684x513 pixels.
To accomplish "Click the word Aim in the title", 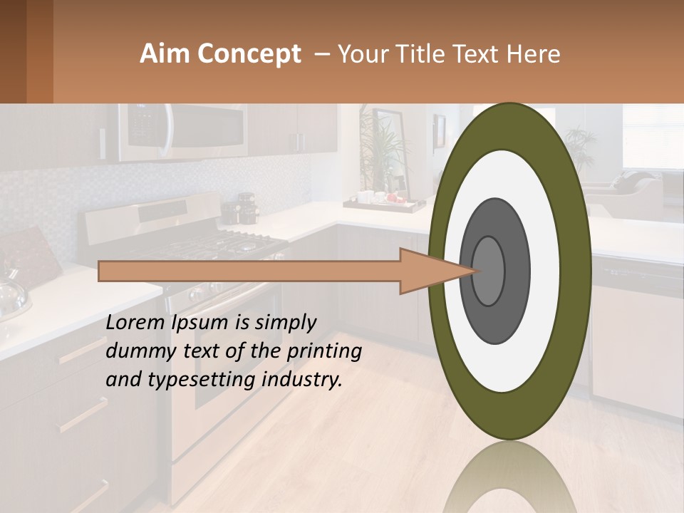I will click(x=165, y=54).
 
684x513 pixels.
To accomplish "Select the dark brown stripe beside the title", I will click(x=39, y=51).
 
